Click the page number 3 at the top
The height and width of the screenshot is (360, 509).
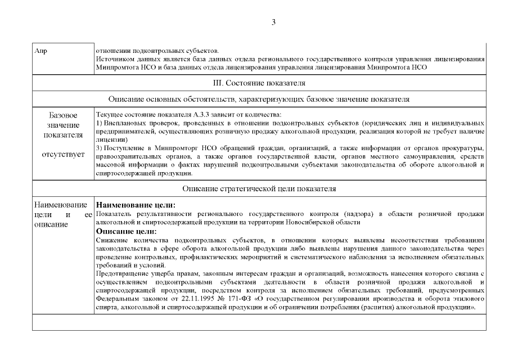(273, 22)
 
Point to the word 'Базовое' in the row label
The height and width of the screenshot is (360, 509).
(64, 115)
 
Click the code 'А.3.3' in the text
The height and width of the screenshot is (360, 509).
(186, 114)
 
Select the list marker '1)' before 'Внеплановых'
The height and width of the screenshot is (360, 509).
(100, 122)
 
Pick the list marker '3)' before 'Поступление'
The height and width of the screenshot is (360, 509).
(100, 148)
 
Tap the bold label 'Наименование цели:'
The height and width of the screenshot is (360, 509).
(136, 205)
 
